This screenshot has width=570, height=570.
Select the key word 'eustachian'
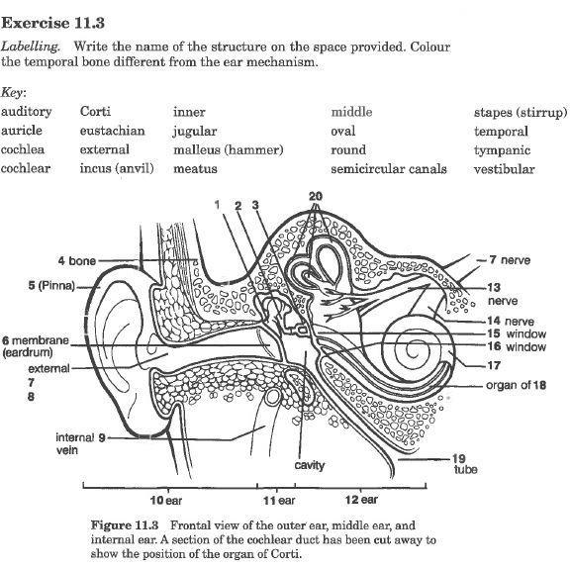click(x=112, y=131)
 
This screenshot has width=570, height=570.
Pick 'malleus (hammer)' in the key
click(x=228, y=150)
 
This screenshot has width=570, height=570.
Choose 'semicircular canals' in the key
click(x=388, y=169)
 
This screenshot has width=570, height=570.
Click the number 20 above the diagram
click(x=316, y=196)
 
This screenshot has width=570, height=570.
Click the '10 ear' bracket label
click(x=165, y=500)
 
